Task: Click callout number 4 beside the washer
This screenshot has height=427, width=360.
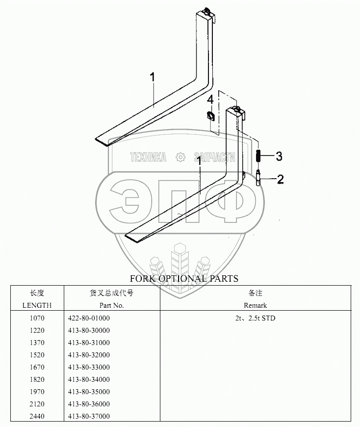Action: pyautogui.click(x=210, y=100)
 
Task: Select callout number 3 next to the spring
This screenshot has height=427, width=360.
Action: pyautogui.click(x=279, y=156)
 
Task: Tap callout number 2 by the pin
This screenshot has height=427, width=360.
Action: pyautogui.click(x=280, y=179)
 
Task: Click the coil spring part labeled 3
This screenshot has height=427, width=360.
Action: pyautogui.click(x=258, y=156)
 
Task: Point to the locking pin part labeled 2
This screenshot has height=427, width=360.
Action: pyautogui.click(x=258, y=178)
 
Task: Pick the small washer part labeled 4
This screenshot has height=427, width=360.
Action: pyautogui.click(x=210, y=116)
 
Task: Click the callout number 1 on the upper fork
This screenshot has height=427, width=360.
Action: pyautogui.click(x=153, y=77)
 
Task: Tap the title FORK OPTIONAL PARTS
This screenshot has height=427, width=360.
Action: pyautogui.click(x=184, y=279)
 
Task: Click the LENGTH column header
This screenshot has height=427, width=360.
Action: pyautogui.click(x=37, y=306)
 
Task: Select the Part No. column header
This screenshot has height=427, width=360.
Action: pyautogui.click(x=111, y=306)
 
